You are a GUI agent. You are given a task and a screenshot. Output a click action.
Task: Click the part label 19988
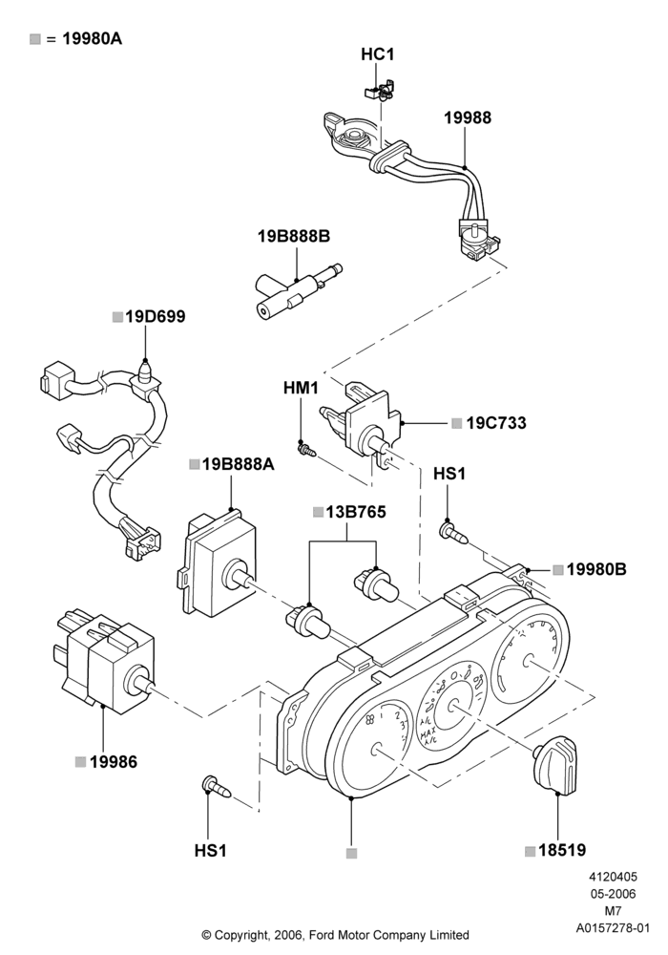pyautogui.click(x=468, y=117)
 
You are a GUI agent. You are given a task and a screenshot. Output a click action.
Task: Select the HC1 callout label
pyautogui.click(x=378, y=54)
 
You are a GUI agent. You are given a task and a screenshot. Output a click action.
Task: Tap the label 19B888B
pyautogui.click(x=294, y=236)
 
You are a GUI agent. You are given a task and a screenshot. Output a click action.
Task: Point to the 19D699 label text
pyautogui.click(x=156, y=317)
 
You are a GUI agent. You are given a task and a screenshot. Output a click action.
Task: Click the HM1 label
pyautogui.click(x=301, y=388)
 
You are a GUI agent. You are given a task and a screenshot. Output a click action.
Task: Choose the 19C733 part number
pyautogui.click(x=496, y=423)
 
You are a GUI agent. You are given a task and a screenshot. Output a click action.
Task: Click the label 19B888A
pyautogui.click(x=239, y=465)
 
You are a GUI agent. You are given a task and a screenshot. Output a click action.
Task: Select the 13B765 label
pyautogui.click(x=356, y=512)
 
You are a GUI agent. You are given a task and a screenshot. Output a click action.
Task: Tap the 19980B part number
pyautogui.click(x=596, y=569)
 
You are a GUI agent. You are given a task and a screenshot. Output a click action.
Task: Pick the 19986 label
pyautogui.click(x=114, y=762)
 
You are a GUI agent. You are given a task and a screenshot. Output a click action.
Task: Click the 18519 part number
pyautogui.click(x=562, y=850)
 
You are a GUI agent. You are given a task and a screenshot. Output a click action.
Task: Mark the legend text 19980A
pyautogui.click(x=93, y=39)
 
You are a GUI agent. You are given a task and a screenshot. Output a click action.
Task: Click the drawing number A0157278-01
pyautogui.click(x=614, y=928)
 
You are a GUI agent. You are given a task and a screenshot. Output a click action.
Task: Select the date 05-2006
pyautogui.click(x=614, y=894)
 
